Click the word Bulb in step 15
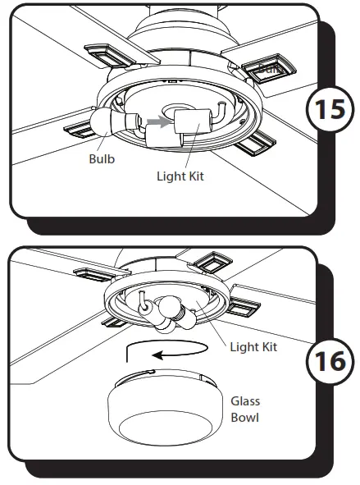point(103,159)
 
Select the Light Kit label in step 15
point(180,176)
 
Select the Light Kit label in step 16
point(253,347)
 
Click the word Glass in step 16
point(244,401)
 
